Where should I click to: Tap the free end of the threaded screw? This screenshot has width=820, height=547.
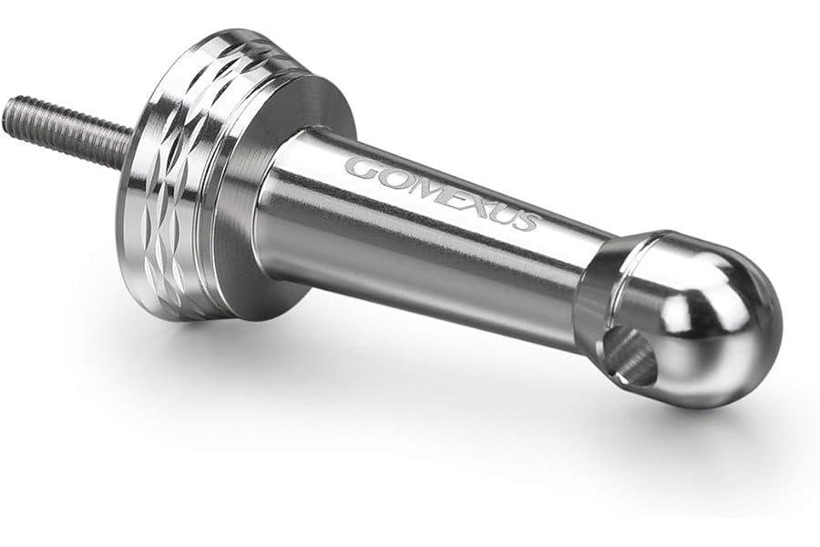7,111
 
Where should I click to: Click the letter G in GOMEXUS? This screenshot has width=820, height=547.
364,168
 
